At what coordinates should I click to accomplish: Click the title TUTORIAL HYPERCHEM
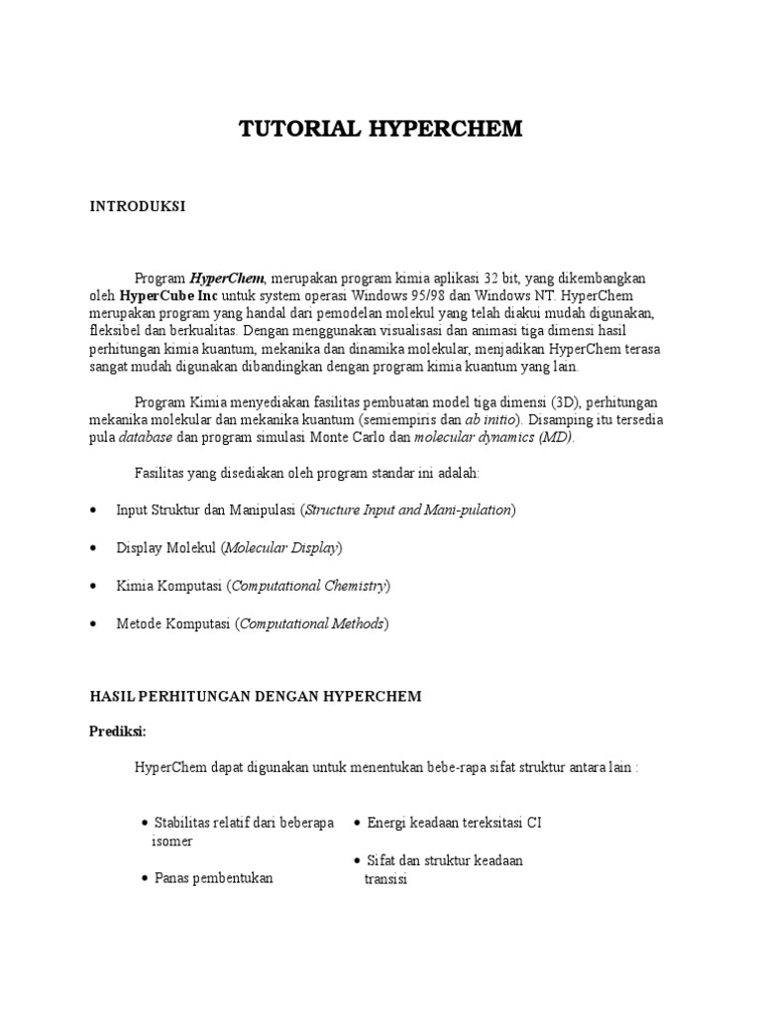(x=380, y=130)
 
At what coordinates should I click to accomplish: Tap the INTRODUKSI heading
(x=138, y=206)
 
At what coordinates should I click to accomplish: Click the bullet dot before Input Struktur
(x=92, y=509)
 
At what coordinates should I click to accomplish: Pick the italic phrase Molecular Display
(x=282, y=547)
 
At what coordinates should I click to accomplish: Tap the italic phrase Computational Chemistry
(x=308, y=585)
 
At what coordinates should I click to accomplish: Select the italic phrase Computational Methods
(x=312, y=623)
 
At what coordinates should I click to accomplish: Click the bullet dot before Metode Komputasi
(x=92, y=623)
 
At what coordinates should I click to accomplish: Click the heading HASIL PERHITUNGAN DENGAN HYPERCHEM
(x=256, y=697)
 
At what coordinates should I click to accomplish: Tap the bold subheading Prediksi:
(x=118, y=731)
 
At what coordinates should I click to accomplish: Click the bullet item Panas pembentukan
(x=213, y=878)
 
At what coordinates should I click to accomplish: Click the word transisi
(x=386, y=878)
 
